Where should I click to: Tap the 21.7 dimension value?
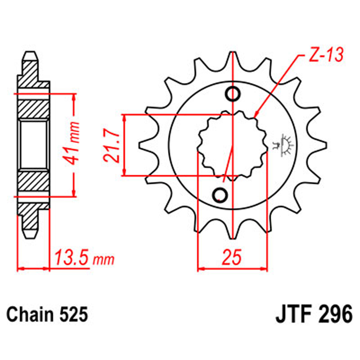point(112,145)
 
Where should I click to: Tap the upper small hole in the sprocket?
point(234,95)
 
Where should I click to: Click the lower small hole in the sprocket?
point(221,194)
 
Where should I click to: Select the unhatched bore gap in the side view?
point(34,144)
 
